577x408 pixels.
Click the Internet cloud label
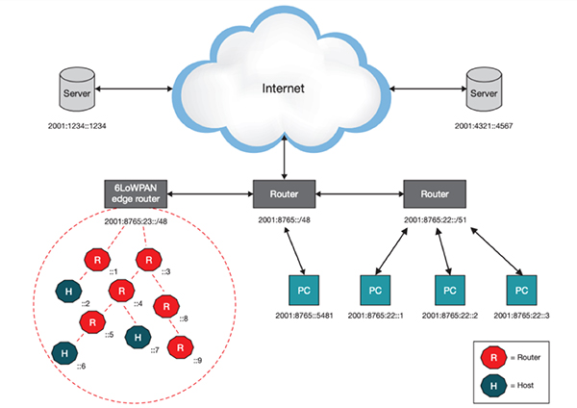pyautogui.click(x=284, y=89)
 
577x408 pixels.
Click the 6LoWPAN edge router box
pyautogui.click(x=137, y=192)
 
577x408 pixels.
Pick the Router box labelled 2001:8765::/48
pyautogui.click(x=283, y=193)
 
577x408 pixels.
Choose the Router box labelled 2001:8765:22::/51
pyautogui.click(x=433, y=193)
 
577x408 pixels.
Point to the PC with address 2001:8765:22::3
pyautogui.click(x=520, y=290)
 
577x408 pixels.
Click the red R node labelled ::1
pyautogui.click(x=97, y=259)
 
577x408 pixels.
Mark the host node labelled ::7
pyautogui.click(x=138, y=337)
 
